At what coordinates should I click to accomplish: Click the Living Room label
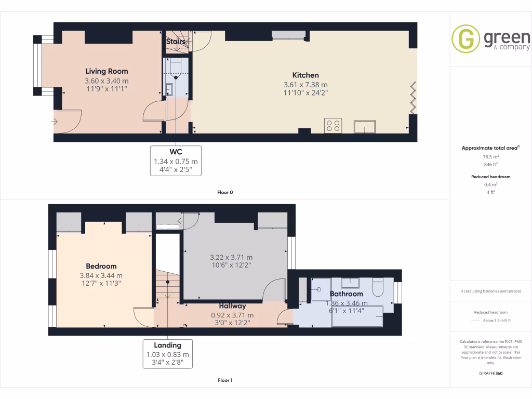107,71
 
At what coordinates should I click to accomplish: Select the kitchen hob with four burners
333,126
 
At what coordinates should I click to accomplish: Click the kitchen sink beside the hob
365,126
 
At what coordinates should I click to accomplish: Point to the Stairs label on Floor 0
176,41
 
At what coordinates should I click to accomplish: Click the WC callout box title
176,151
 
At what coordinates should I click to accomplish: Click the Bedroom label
101,266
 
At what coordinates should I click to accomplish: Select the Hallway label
232,306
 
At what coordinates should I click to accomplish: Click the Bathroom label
347,294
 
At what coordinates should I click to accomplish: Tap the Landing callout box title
167,345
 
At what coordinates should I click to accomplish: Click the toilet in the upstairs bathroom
378,287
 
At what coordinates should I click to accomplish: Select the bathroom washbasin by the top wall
352,283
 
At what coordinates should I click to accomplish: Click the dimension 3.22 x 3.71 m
232,257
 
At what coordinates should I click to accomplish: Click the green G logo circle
465,39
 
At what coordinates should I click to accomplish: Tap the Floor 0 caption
225,192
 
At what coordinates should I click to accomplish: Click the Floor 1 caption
225,380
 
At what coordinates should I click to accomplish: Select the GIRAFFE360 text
490,374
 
